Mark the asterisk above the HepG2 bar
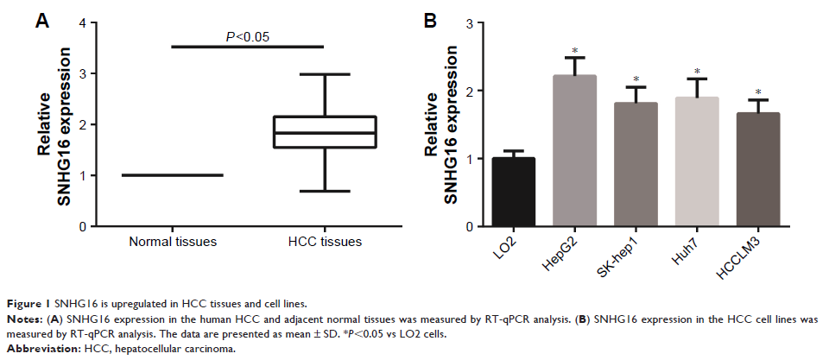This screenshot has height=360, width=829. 574,50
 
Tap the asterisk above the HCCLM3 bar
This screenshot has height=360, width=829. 757,92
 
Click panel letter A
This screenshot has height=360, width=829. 41,22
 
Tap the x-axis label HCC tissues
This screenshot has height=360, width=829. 325,243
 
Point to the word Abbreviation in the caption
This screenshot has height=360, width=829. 41,351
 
